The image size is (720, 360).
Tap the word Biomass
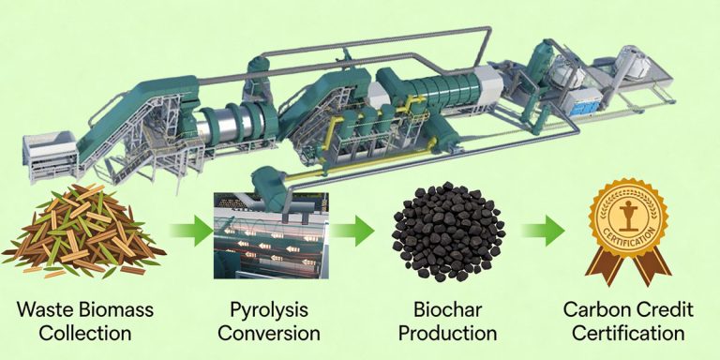point(122,310)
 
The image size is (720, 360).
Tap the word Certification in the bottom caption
point(623,334)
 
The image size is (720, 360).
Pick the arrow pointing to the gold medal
point(543,231)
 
